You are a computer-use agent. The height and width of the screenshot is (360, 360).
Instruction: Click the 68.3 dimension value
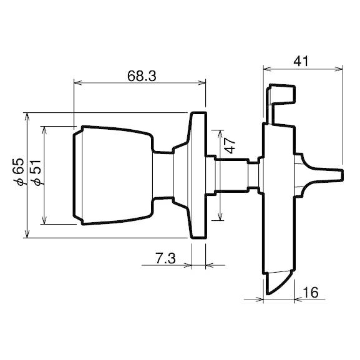(x=141, y=77)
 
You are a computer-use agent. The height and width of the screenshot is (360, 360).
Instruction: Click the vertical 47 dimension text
(x=230, y=147)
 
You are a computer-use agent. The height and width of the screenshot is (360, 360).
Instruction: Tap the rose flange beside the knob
(x=197, y=175)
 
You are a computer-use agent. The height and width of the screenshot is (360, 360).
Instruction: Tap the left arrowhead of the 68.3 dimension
(x=76, y=82)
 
